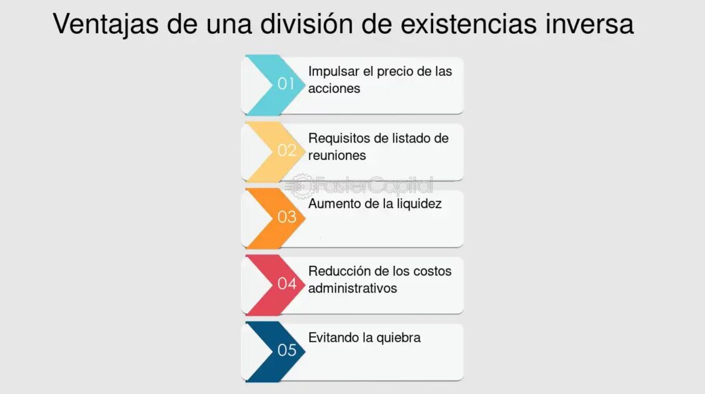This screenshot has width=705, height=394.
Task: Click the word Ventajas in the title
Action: pos(105,24)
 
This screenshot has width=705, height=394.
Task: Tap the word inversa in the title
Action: pos(590,23)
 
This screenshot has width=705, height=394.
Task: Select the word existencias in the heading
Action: pos(468,23)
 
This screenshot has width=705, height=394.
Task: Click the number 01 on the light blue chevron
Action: pos(286,83)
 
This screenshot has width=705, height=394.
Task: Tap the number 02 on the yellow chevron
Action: pos(287,150)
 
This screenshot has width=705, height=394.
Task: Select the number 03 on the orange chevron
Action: pos(287,217)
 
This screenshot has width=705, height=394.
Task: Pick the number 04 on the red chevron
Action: pos(287,283)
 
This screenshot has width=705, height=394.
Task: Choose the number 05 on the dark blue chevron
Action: pos(287,350)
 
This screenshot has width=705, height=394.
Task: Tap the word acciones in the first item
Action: pos(334,89)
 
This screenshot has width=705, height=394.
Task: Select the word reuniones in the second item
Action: pos(337,156)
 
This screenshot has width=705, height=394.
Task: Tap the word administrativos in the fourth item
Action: pos(352,289)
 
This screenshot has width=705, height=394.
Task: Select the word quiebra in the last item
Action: pos(399,338)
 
